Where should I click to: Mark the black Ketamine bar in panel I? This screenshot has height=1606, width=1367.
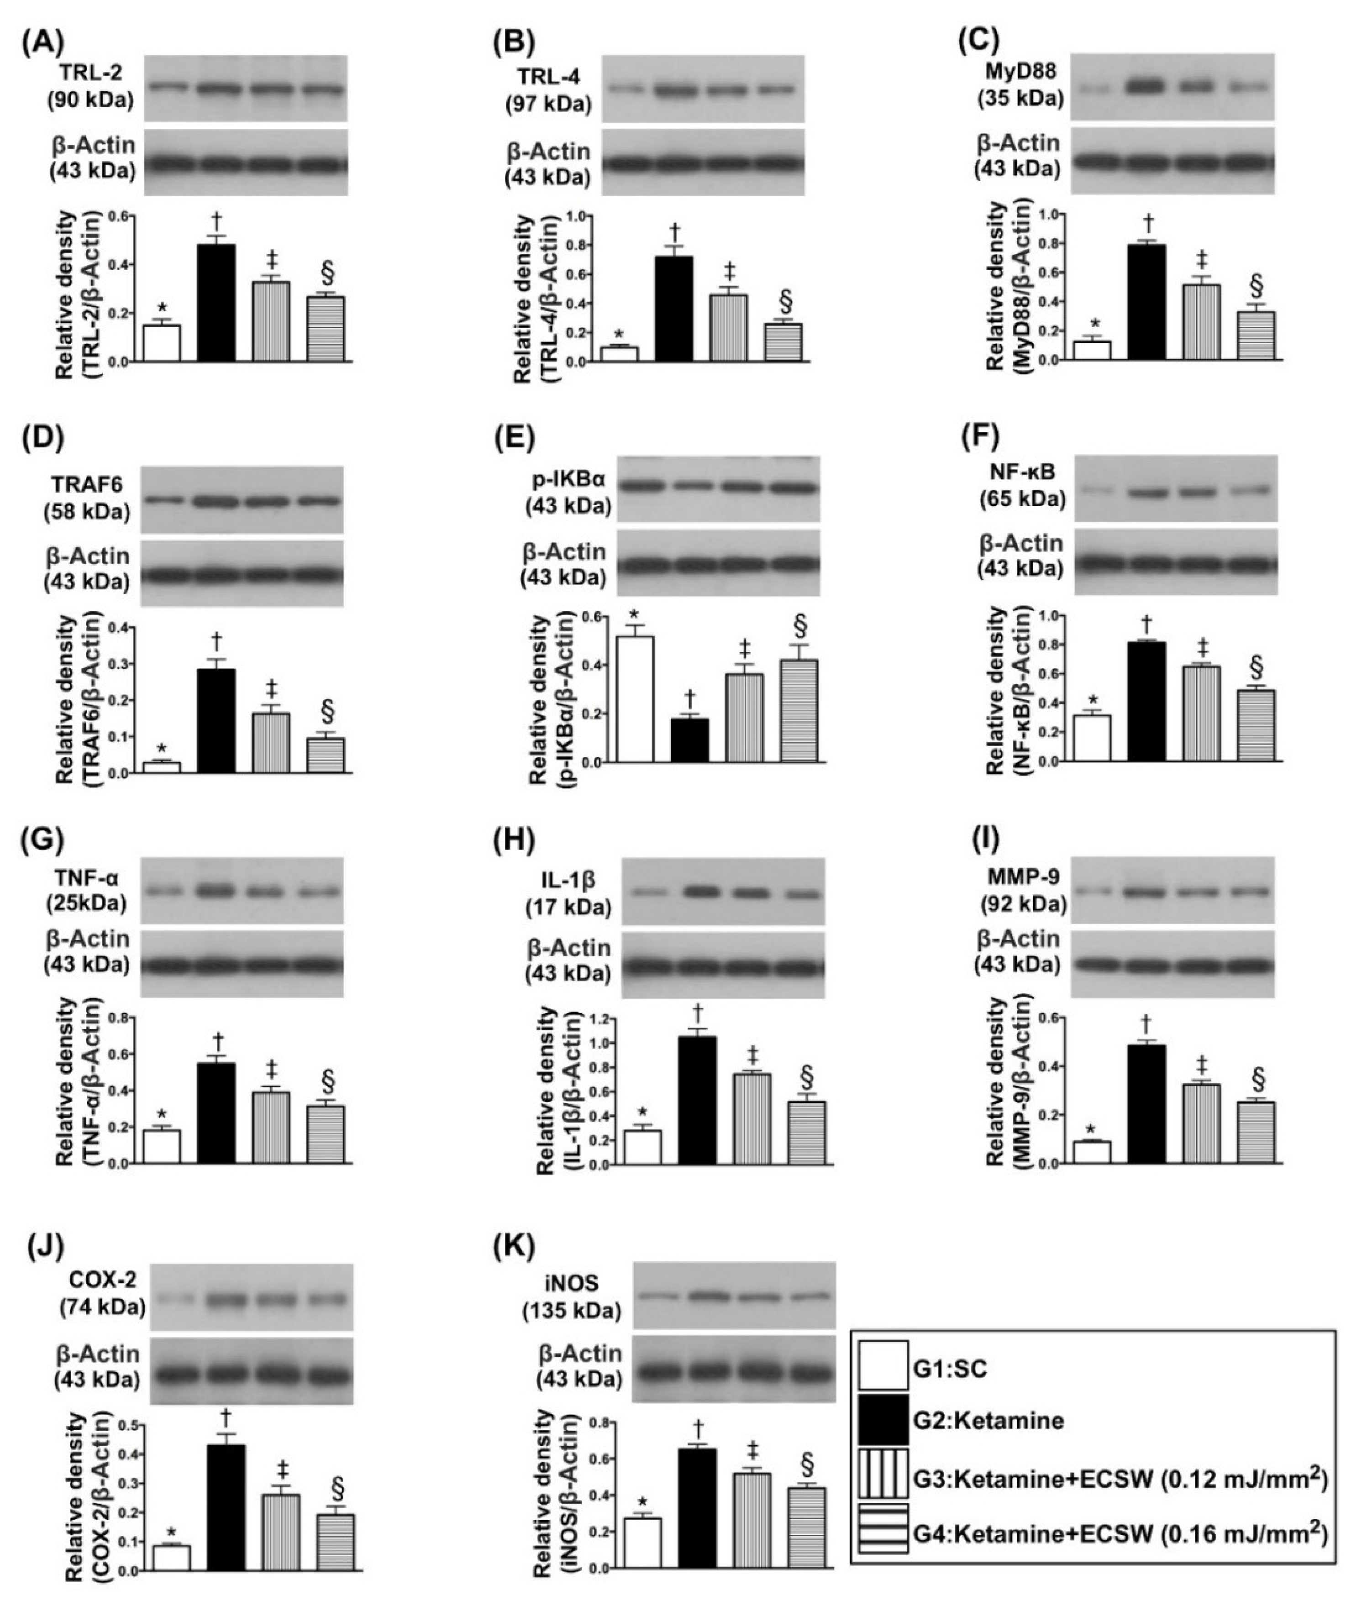pyautogui.click(x=1147, y=1103)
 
